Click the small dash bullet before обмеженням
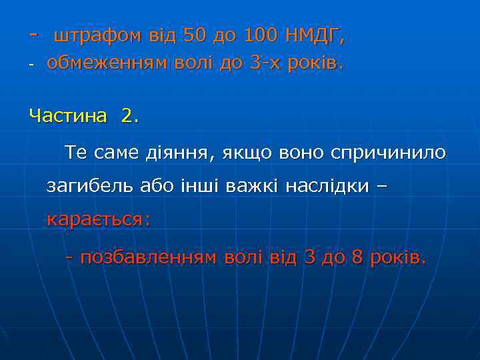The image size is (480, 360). (31, 65)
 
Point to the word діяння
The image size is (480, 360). (177, 153)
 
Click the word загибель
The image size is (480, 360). (89, 186)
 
